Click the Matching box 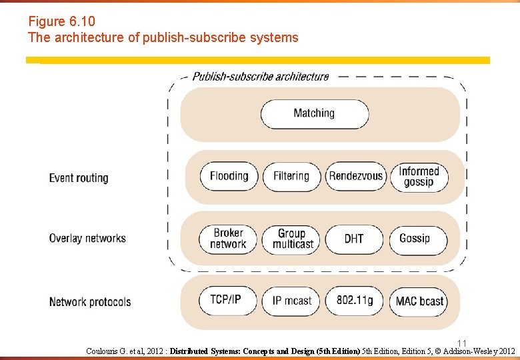click(314, 113)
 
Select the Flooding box click(229, 176)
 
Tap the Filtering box click(291, 176)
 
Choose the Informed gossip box click(419, 176)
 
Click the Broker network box click(228, 239)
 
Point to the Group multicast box click(291, 239)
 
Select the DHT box click(354, 239)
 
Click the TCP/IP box click(226, 299)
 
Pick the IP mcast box click(291, 301)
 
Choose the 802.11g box click(354, 300)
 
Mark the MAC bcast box click(419, 301)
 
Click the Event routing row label click(79, 178)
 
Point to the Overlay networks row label click(87, 238)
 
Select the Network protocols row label click(90, 302)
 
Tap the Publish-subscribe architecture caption click(260, 76)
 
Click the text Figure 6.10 click(57, 21)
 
